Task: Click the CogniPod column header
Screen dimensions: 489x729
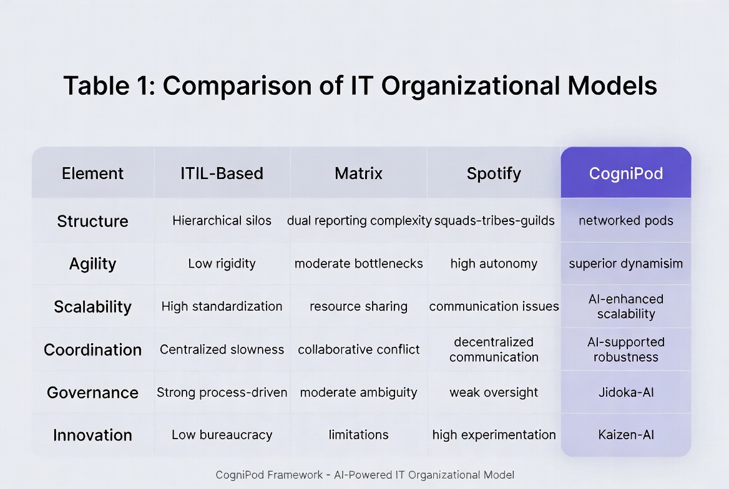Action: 625,173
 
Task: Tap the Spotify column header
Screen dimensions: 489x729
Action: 493,173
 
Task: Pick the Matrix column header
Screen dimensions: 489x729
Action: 358,173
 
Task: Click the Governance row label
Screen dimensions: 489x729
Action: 92,392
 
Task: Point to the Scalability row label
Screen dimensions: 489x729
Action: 92,306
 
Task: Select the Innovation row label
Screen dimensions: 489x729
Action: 92,435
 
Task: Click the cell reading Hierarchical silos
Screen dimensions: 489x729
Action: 222,221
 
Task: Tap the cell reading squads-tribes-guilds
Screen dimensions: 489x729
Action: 494,221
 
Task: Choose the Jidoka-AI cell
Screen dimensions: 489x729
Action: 625,392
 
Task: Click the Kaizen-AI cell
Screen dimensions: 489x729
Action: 625,435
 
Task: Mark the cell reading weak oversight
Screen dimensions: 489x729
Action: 493,392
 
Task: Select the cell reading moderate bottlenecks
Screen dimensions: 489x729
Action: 358,263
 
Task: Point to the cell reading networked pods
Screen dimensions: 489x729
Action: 625,221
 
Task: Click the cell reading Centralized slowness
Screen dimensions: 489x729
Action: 222,349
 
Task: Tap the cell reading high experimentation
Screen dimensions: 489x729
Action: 494,435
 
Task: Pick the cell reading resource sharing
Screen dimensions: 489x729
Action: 358,306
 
